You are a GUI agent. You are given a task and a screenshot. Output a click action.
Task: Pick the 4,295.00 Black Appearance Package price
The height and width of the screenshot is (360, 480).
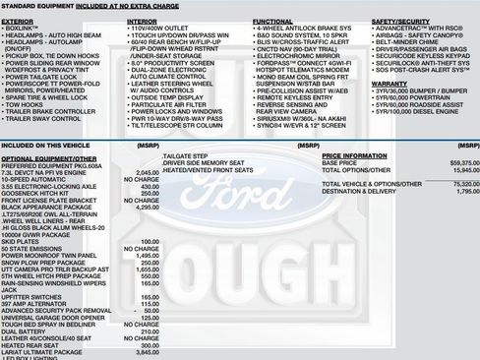(144, 207)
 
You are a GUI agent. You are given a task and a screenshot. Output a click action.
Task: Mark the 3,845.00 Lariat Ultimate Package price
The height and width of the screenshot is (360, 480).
(144, 351)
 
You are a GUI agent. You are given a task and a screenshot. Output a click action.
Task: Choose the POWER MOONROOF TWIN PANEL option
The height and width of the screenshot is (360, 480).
(50, 255)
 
